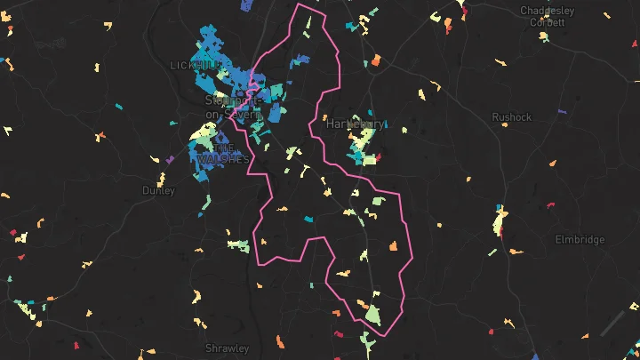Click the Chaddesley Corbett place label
pyautogui.click(x=547, y=16)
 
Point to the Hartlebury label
pyautogui.click(x=355, y=124)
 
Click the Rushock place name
pyautogui.click(x=511, y=116)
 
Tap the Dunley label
pyautogui.click(x=158, y=190)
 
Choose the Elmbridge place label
pyautogui.click(x=580, y=239)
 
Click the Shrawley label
pyautogui.click(x=227, y=348)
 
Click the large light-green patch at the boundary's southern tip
pyautogui.click(x=372, y=313)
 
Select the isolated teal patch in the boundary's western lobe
pyautogui.click(x=308, y=219)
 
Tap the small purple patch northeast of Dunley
pyautogui.click(x=170, y=159)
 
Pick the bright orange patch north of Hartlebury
pyautogui.click(x=375, y=60)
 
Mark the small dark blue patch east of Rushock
pyautogui.click(x=561, y=111)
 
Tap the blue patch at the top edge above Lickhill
pyautogui.click(x=247, y=4)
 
